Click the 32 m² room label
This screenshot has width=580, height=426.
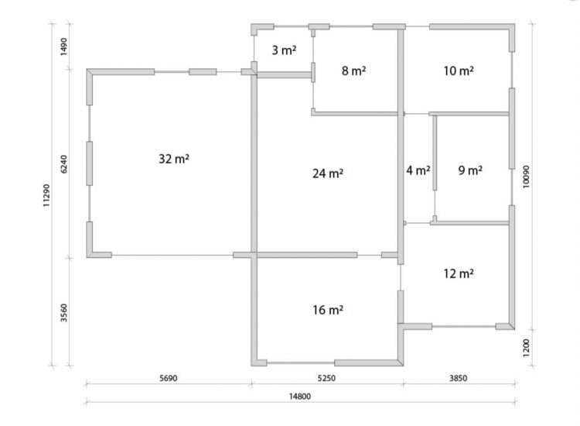pyautogui.click(x=174, y=159)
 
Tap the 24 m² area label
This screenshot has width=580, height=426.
pyautogui.click(x=328, y=173)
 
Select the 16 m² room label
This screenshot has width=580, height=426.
pyautogui.click(x=328, y=309)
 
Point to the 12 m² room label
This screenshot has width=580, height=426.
pyautogui.click(x=459, y=273)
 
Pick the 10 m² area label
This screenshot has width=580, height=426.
pyautogui.click(x=459, y=70)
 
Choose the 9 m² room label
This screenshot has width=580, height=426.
pyautogui.click(x=470, y=170)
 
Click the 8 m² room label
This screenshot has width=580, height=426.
pyautogui.click(x=354, y=70)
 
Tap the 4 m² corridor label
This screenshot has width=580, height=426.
pyautogui.click(x=418, y=170)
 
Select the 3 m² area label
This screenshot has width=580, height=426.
pyautogui.click(x=284, y=50)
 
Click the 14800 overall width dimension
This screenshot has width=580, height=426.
pyautogui.click(x=299, y=397)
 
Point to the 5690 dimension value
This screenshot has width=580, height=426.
pyautogui.click(x=169, y=378)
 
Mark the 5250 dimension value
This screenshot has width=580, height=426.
pyautogui.click(x=326, y=378)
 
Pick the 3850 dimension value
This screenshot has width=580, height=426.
pyautogui.click(x=459, y=378)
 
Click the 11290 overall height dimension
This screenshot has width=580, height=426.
pyautogui.click(x=46, y=195)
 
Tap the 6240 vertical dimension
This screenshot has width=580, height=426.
pyautogui.click(x=64, y=163)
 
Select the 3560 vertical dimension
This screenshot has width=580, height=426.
pyautogui.click(x=64, y=313)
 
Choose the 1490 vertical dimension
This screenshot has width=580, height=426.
pyautogui.click(x=64, y=46)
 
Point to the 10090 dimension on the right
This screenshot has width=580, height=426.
pyautogui.click(x=526, y=177)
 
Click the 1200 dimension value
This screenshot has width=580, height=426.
pyautogui.click(x=526, y=348)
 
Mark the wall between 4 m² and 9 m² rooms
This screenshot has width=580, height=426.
pyautogui.click(x=435, y=153)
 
